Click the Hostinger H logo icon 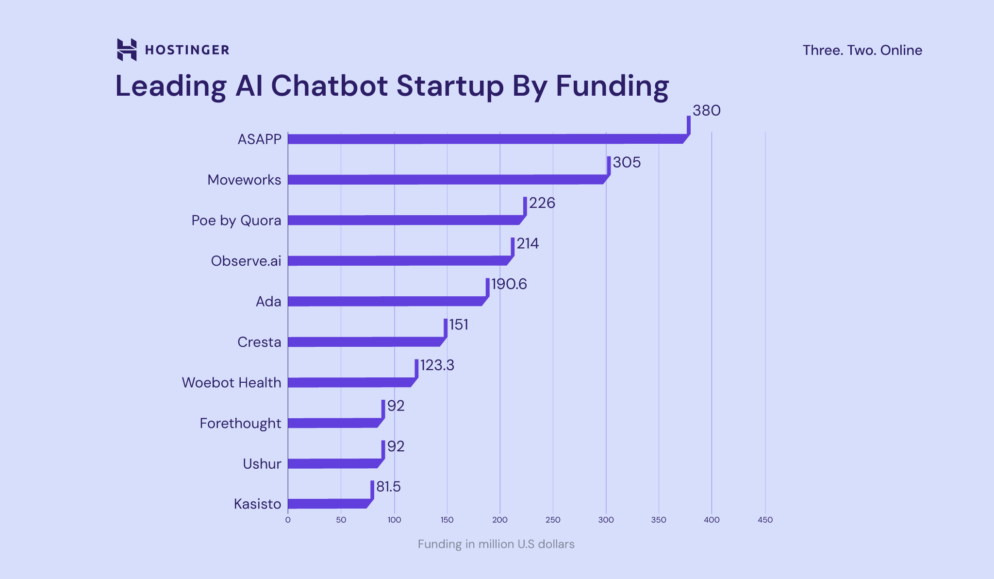pos(127,50)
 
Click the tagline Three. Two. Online pos(862,50)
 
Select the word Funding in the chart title pos(612,86)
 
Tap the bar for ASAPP pos(485,139)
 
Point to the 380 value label pos(706,111)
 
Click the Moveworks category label pos(244,180)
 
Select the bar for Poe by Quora pos(403,220)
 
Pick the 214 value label pos(528,243)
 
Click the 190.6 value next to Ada pos(509,284)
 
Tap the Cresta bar pos(364,342)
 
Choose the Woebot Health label pos(232,383)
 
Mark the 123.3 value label pos(437,365)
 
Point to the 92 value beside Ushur pos(396,446)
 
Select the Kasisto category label pos(257,504)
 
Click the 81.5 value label pos(388,487)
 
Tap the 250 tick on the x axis pos(553,520)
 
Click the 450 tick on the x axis pos(765,520)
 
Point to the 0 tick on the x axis pos(288,520)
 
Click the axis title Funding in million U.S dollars pos(496,544)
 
